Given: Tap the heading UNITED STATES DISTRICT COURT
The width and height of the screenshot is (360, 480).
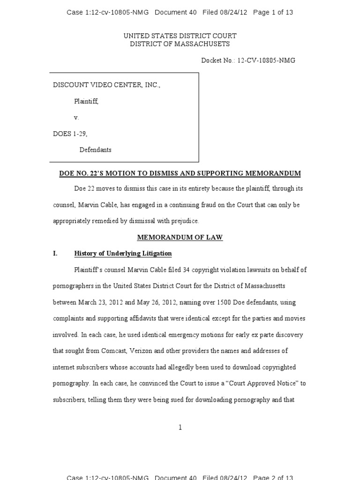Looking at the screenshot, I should tap(180, 36).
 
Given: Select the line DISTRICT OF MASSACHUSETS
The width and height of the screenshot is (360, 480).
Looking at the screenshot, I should tap(180, 44).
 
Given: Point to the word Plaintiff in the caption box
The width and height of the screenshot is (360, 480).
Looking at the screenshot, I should tap(86, 101).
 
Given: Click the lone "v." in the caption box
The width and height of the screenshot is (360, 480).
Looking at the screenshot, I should tap(76, 118).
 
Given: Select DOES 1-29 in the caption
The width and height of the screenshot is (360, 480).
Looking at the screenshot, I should tap(70, 134).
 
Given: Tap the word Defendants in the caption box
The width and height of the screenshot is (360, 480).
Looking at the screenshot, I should tap(95, 150).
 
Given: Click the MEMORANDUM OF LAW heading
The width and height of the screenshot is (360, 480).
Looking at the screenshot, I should tap(180, 238).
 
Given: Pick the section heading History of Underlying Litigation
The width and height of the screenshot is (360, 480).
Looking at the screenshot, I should tap(123, 254).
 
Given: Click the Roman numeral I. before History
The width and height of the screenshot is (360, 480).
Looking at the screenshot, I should tap(55, 254).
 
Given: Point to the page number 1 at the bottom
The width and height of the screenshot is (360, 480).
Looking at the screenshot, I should tap(180, 427).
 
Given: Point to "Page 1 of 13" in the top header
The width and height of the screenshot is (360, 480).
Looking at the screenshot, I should tap(273, 13).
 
